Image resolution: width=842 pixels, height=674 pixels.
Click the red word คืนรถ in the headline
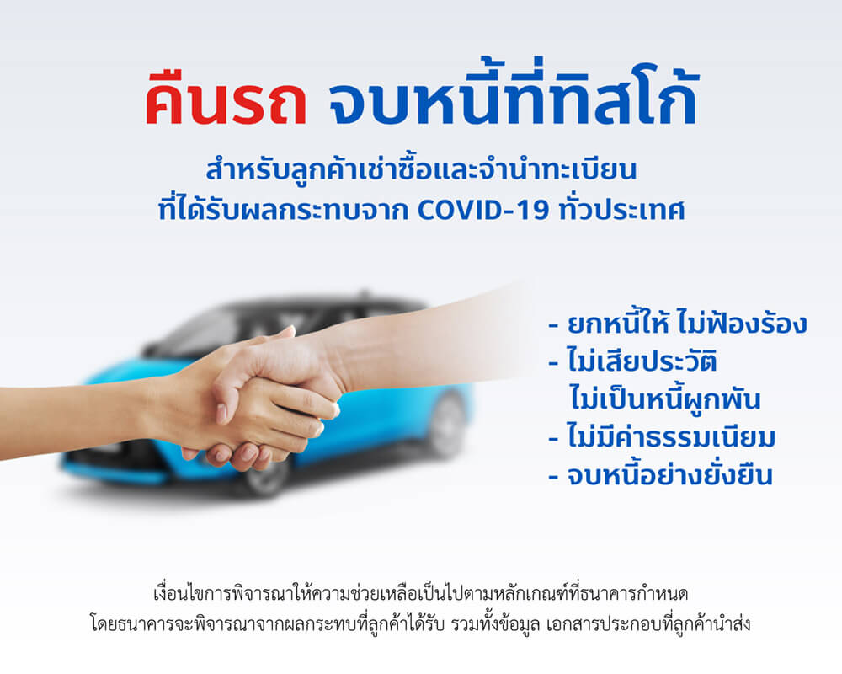226,99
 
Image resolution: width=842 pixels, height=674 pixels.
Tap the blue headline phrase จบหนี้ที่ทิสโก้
513,91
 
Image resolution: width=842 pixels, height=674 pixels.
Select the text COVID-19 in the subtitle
483,210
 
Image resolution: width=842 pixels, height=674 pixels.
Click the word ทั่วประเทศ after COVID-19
622,208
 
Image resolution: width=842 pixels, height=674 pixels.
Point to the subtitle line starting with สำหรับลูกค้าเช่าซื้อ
422,169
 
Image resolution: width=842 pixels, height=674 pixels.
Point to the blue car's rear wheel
447,425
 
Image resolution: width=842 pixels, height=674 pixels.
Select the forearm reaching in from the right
429,344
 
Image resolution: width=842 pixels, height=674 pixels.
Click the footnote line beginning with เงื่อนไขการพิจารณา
420,594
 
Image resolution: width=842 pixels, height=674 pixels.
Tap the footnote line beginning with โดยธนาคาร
420,624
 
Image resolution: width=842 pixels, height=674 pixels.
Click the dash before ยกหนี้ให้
554,326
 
